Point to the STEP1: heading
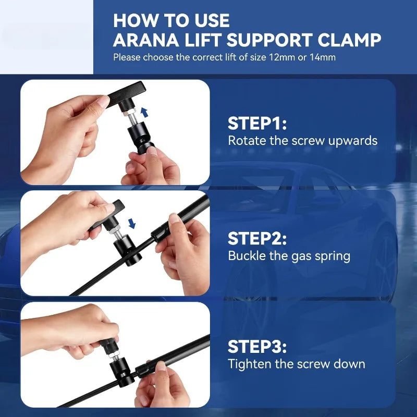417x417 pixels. [x=257, y=124]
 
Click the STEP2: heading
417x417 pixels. [x=257, y=238]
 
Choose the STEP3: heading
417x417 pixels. [x=257, y=347]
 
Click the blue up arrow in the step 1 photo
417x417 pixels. [x=144, y=112]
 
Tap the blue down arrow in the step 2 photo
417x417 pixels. [x=132, y=224]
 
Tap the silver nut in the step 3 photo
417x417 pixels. [x=114, y=354]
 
